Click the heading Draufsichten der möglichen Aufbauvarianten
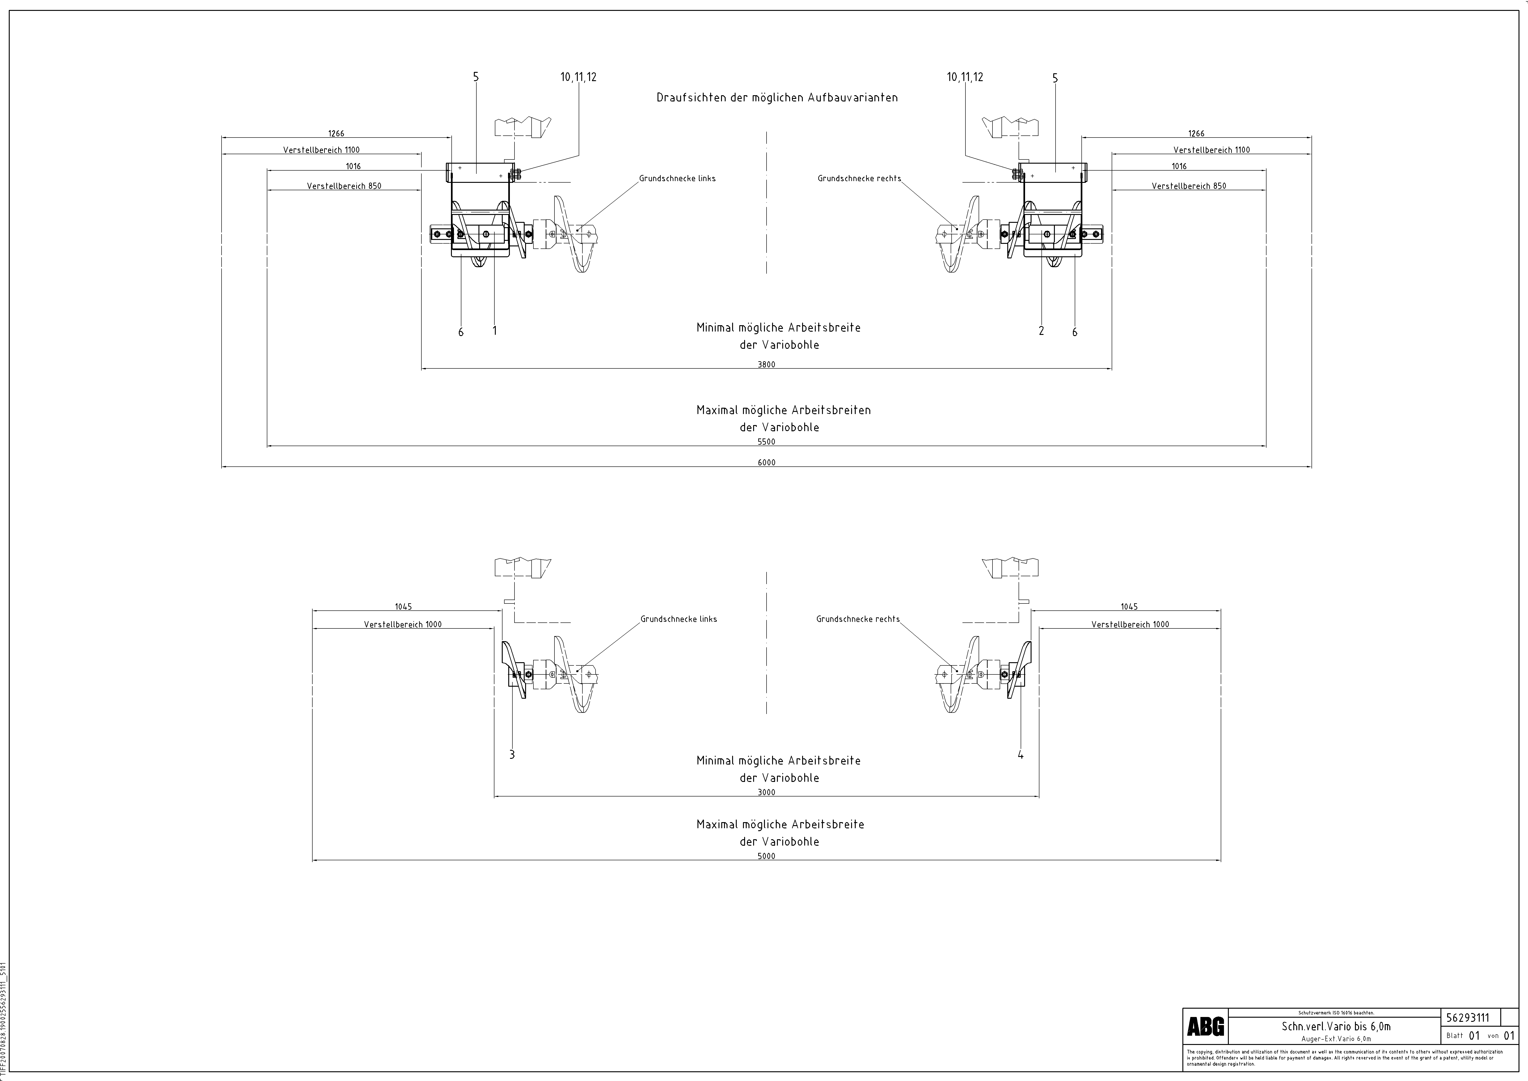[x=777, y=97]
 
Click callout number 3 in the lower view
[x=512, y=755]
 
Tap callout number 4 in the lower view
[x=1020, y=755]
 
